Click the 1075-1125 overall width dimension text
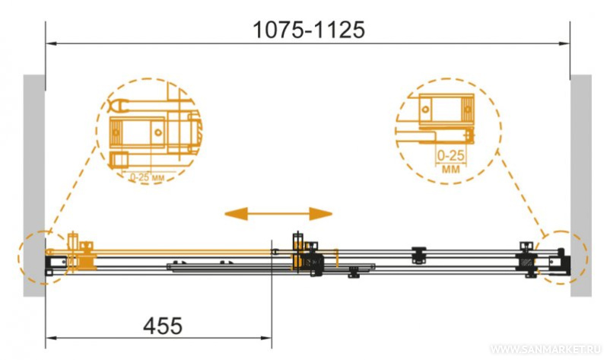309,30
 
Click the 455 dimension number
163,326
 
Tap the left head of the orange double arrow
236,214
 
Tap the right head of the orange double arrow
320,214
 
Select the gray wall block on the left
34,186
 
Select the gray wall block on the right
581,186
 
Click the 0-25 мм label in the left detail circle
147,177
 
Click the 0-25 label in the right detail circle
450,156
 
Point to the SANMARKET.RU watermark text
546,349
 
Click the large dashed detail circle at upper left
97,132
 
